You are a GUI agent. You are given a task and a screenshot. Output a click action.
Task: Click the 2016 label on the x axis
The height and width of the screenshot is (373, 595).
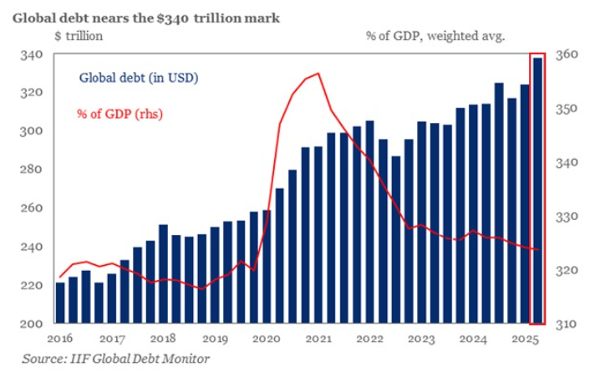click(x=60, y=340)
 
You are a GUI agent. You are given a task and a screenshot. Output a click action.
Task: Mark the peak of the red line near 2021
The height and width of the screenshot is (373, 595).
click(x=317, y=74)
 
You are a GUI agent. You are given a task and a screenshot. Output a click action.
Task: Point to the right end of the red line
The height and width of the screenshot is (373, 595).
click(x=538, y=249)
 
